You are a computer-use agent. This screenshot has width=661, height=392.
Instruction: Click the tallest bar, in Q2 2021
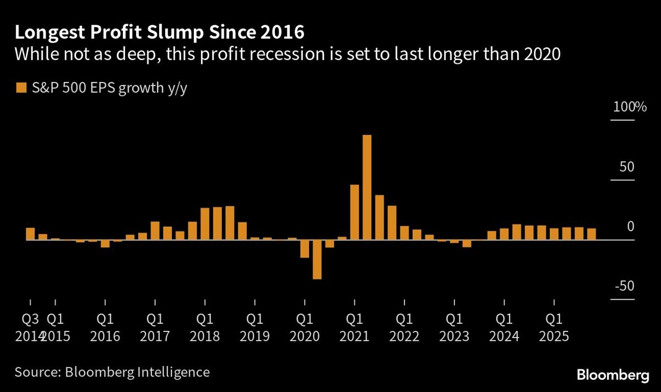point(367,187)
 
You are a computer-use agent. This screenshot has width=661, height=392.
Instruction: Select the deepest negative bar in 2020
point(317,259)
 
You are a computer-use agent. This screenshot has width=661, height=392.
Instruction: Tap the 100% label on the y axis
point(630,107)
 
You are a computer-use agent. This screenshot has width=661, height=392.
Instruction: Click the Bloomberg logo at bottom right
point(613,375)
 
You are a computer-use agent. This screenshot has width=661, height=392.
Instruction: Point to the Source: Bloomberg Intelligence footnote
point(112,372)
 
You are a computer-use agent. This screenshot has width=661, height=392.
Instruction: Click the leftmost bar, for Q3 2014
point(30,234)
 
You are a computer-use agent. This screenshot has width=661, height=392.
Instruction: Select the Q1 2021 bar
point(354,213)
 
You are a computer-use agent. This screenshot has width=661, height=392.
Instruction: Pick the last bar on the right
point(591,235)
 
